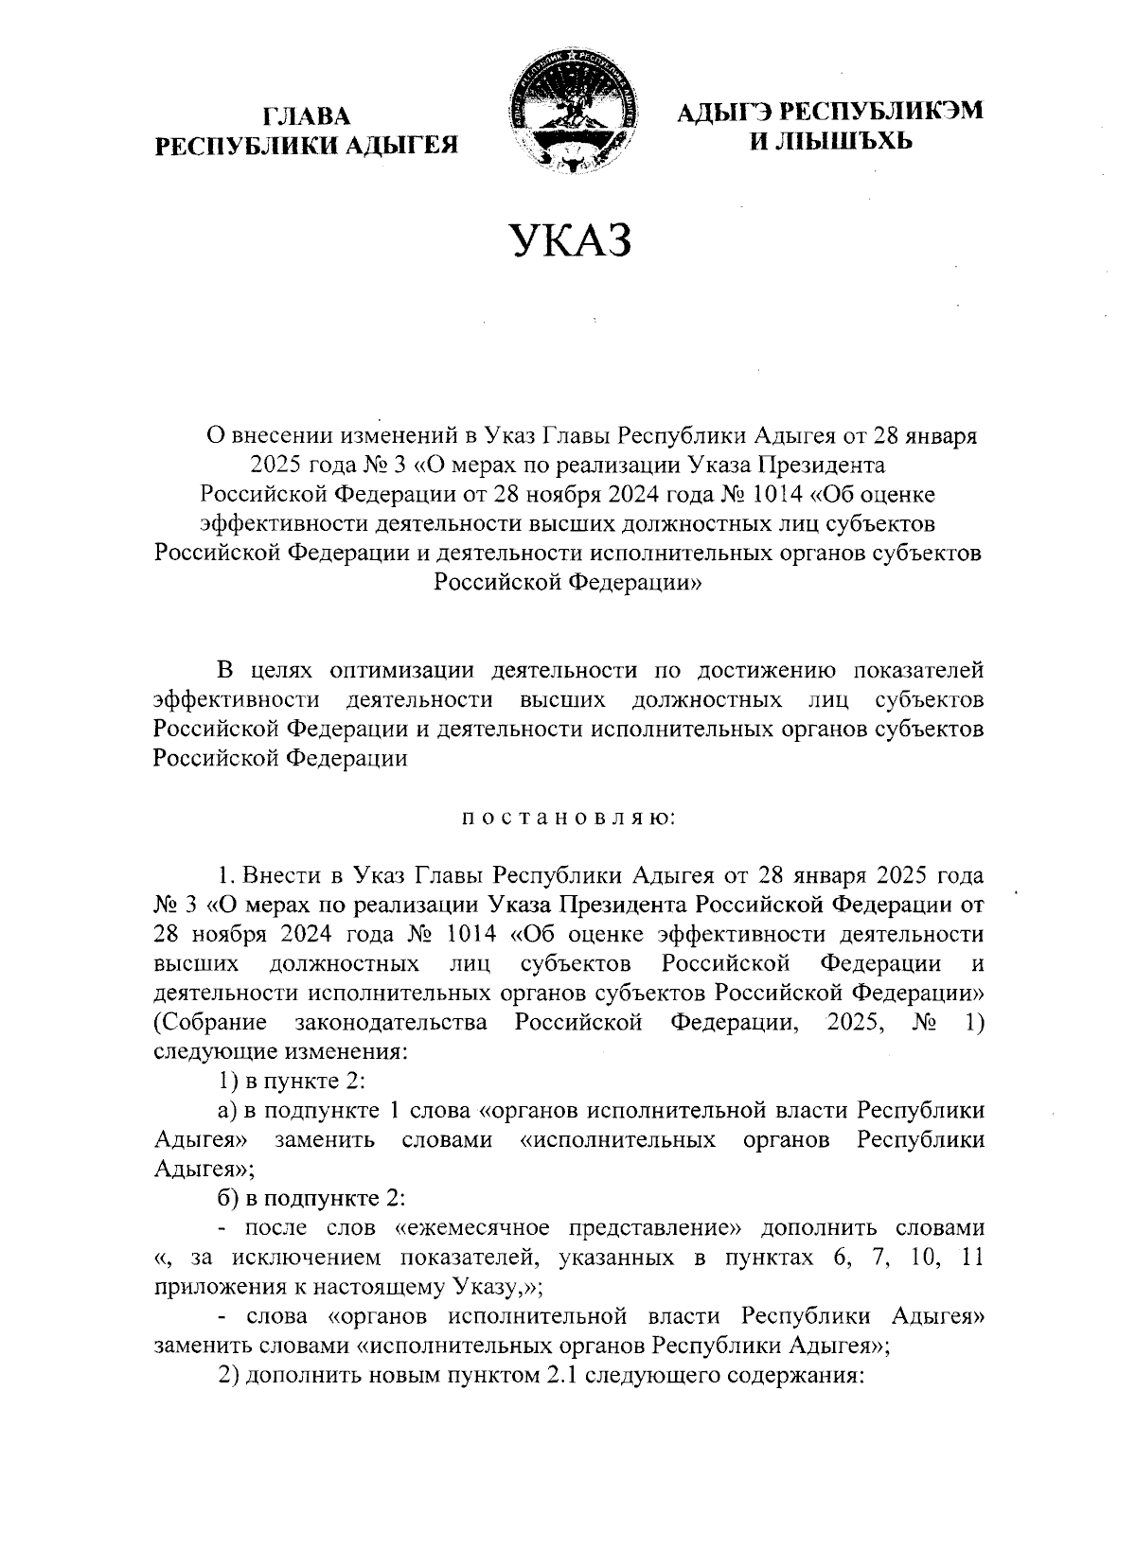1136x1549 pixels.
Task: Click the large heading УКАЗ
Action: (570, 240)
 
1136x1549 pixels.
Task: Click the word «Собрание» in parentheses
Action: (209, 1023)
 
